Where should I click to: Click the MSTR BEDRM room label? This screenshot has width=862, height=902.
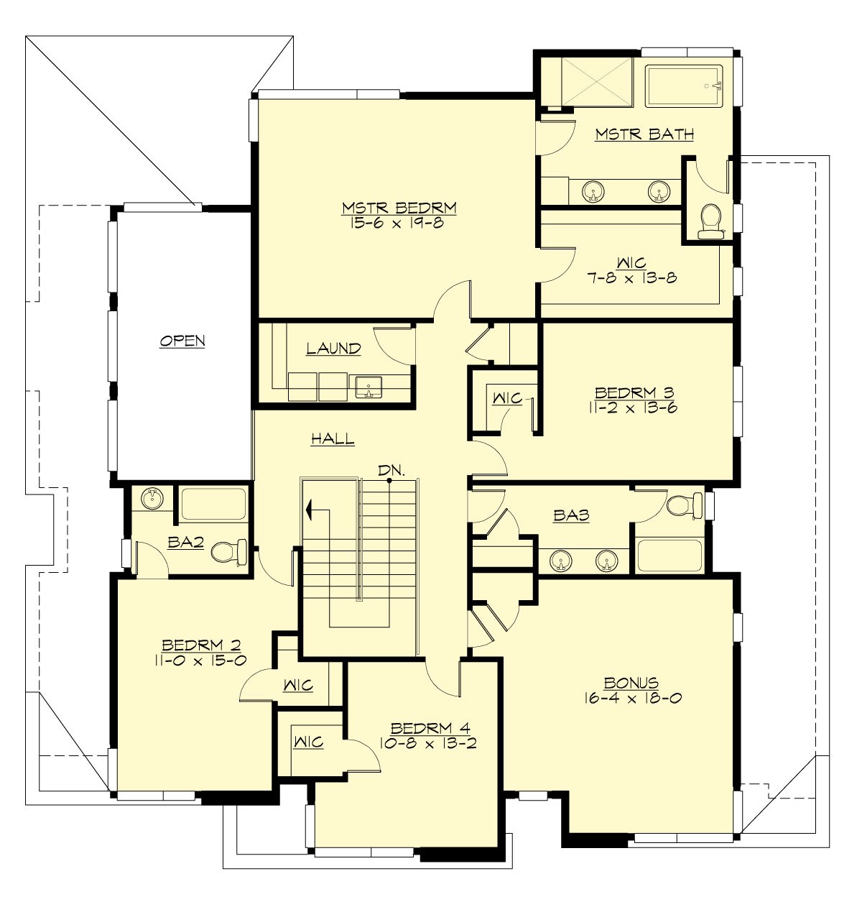(399, 208)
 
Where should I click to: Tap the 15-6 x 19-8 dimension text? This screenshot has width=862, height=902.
(399, 223)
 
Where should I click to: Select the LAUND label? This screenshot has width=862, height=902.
(333, 349)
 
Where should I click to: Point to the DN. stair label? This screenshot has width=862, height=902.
(392, 471)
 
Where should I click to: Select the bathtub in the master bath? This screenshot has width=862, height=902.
(683, 86)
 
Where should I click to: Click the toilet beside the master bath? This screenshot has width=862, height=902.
(710, 219)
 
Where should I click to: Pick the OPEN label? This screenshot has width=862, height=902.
(182, 341)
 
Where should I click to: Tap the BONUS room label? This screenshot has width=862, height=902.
(631, 683)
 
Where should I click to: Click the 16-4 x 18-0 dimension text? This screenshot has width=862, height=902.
(631, 697)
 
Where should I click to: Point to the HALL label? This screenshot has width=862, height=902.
(333, 438)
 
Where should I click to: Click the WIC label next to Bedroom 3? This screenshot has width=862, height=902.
(506, 397)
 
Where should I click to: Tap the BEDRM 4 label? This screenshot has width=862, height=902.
(428, 729)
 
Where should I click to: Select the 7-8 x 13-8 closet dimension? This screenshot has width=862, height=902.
(631, 278)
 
